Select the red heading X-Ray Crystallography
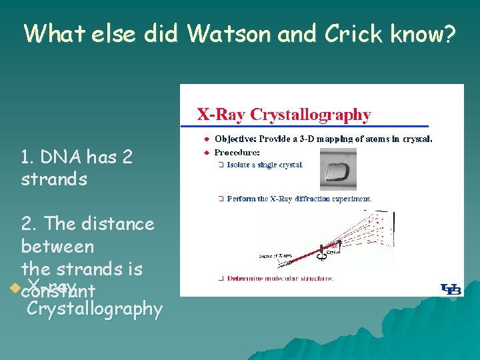coord(284,114)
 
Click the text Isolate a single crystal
coord(265,165)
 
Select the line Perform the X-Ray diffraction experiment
coord(299,199)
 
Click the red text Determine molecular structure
coord(279,278)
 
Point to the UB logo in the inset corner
coord(451,289)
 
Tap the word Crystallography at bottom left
coord(95,309)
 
